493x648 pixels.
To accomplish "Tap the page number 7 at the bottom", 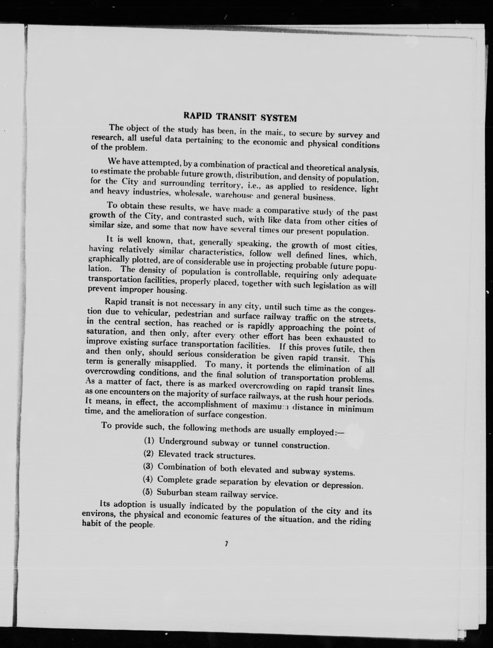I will (x=226, y=544).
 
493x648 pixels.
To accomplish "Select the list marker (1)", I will (x=149, y=441).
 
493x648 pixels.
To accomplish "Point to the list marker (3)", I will (x=148, y=466).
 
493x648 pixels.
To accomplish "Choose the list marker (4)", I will (x=148, y=479).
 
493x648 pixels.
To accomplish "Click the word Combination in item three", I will (x=182, y=467).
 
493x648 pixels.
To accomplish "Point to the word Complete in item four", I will (x=175, y=480).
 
